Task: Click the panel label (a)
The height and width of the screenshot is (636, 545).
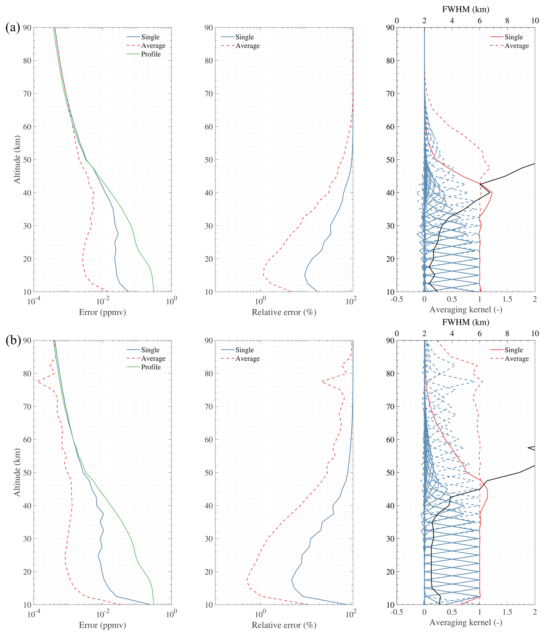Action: click(x=13, y=28)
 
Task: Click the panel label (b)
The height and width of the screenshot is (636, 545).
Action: click(x=13, y=341)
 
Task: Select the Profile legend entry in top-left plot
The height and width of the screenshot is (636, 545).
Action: click(x=150, y=54)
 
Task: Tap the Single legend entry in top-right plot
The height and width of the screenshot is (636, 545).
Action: click(x=513, y=37)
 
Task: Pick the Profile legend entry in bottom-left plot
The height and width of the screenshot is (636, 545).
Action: click(x=150, y=367)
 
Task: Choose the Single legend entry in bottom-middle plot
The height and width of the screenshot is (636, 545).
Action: click(x=244, y=350)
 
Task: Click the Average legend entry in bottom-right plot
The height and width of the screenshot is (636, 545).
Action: click(x=517, y=359)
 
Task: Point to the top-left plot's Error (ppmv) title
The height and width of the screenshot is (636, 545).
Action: click(x=102, y=312)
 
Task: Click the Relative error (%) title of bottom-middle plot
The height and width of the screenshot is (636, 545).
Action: click(x=284, y=625)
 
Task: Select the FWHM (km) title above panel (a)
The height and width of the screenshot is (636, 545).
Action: click(x=466, y=9)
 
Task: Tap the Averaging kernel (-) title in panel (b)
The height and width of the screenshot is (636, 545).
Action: click(x=466, y=622)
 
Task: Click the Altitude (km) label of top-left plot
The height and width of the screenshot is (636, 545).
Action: click(x=17, y=160)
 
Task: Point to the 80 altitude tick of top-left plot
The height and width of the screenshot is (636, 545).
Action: click(x=27, y=60)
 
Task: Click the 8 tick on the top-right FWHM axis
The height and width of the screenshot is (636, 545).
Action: click(x=507, y=21)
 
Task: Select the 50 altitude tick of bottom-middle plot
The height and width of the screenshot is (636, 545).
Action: click(x=209, y=473)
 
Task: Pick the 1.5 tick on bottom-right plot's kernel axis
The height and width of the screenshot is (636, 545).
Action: click(x=507, y=612)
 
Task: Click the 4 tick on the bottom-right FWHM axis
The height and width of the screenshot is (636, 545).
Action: click(x=452, y=334)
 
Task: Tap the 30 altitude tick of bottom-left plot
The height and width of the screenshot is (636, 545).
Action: click(x=27, y=539)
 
